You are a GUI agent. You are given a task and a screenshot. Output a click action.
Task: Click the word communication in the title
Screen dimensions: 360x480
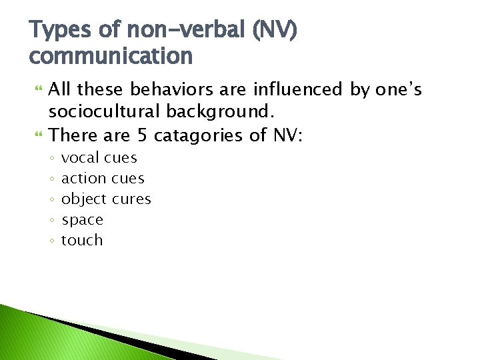(111, 56)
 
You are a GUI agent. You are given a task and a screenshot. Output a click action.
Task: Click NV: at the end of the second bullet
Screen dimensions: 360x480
(287, 135)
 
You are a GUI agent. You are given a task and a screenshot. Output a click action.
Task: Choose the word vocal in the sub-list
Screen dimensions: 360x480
(80, 158)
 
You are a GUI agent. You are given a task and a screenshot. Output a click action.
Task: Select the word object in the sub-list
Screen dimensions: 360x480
(84, 199)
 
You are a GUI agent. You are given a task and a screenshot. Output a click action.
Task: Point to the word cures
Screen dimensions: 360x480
(132, 199)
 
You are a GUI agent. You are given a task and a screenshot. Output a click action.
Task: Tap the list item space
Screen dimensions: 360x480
(82, 220)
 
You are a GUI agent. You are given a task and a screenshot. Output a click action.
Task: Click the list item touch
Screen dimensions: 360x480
(82, 240)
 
